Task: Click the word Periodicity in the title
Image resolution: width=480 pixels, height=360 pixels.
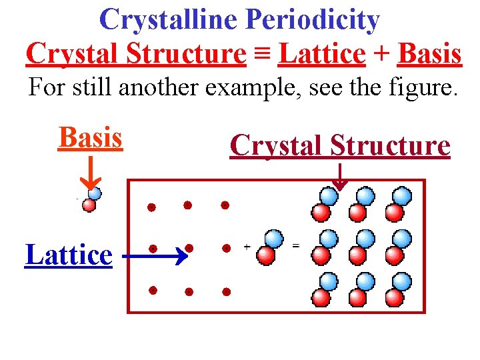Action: click(313, 20)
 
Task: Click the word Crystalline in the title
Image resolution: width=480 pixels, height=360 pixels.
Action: click(169, 20)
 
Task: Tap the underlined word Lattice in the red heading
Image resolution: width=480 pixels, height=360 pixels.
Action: click(323, 53)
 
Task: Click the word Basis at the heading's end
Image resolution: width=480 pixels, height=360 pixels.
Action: click(429, 53)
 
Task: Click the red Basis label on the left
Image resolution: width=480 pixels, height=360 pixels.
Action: click(91, 137)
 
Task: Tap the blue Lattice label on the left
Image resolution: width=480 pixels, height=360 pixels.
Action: click(69, 255)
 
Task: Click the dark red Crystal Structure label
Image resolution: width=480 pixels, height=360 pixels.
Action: click(340, 145)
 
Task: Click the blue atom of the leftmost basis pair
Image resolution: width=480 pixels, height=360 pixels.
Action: click(95, 193)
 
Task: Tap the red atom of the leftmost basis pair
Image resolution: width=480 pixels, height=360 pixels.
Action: click(88, 205)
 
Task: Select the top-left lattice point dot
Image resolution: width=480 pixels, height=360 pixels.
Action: click(152, 207)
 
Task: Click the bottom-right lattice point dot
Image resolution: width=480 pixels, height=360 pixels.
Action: click(227, 291)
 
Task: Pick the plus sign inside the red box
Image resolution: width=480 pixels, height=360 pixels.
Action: click(247, 247)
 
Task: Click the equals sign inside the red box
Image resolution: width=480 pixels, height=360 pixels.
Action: click(296, 245)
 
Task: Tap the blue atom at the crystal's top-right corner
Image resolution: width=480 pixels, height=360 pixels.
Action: click(403, 196)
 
